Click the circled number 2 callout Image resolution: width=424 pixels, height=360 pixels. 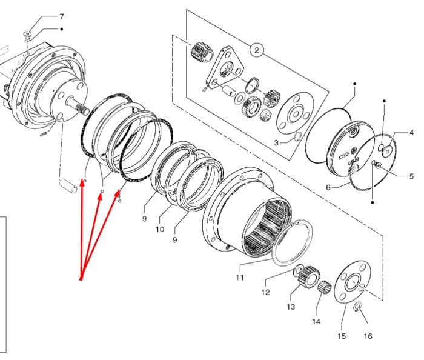click(256, 50)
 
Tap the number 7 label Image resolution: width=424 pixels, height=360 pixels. click(62, 17)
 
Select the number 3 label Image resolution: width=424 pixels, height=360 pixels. click(276, 142)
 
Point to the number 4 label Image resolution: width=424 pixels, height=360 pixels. click(411, 133)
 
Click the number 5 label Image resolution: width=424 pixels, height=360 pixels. click(411, 176)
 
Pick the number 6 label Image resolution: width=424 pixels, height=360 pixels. click(328, 187)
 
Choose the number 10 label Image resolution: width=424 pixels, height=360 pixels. click(160, 229)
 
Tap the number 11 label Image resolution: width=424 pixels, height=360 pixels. click(240, 278)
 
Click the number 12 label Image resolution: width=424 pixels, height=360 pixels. click(265, 292)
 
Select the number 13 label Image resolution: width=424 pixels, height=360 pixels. click(291, 307)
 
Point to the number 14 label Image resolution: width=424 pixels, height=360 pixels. click(316, 322)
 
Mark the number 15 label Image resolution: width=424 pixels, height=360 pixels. click(342, 336)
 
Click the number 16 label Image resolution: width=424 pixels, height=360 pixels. click(368, 336)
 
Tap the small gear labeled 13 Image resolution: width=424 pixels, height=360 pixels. click(308, 277)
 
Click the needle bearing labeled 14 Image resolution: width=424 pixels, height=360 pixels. click(325, 287)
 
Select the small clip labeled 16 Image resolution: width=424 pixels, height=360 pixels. click(357, 307)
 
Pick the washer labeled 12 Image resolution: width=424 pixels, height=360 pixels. click(298, 270)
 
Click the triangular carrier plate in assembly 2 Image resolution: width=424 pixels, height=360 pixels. click(225, 68)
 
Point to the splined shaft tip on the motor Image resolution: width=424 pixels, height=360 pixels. click(83, 109)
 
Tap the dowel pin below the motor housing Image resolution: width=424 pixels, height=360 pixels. click(68, 185)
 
